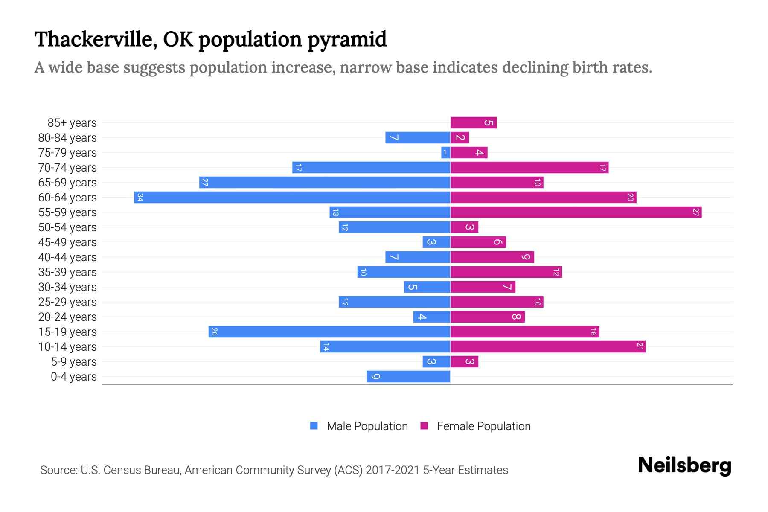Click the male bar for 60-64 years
point(292,198)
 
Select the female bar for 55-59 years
point(576,212)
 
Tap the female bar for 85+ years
point(474,123)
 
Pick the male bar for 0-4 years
point(408,377)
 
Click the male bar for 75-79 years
point(445,153)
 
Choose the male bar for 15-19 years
point(329,332)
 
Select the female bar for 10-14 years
point(548,347)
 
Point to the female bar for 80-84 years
point(460,138)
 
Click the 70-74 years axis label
point(67,168)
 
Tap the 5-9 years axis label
point(74,362)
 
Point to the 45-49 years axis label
point(67,242)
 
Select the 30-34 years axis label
point(67,287)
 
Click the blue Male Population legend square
point(314,426)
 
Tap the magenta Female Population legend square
point(424,426)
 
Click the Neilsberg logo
point(684,465)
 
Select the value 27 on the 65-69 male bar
point(205,183)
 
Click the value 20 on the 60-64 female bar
point(630,198)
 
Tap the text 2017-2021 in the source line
point(393,470)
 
